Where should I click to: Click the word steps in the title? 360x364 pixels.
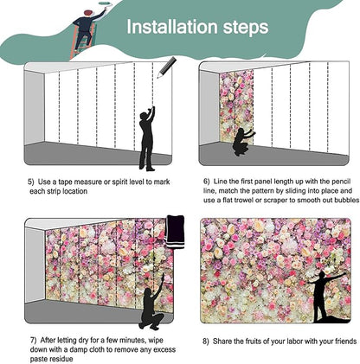[x=243, y=28]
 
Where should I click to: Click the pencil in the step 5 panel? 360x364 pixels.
[x=166, y=67]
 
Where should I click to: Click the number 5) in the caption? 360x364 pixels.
[x=32, y=182]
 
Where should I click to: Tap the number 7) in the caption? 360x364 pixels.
[x=32, y=342]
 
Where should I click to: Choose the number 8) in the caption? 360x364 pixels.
[x=206, y=342]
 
